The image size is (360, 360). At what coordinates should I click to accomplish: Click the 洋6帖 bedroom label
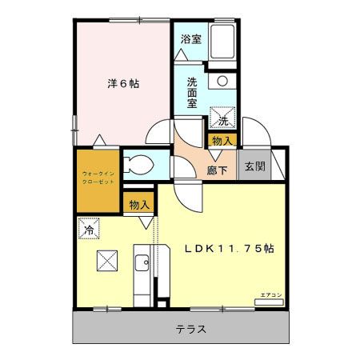(124, 83)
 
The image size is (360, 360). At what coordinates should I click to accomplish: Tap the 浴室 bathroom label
(190, 39)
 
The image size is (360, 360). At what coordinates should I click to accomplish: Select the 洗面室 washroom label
(196, 87)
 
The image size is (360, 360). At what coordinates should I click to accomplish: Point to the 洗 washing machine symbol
(223, 120)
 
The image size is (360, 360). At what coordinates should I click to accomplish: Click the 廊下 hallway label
(217, 169)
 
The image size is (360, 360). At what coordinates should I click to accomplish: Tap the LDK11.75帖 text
(230, 249)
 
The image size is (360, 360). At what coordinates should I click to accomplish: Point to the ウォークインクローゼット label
(98, 178)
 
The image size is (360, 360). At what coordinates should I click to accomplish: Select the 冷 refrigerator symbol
(90, 229)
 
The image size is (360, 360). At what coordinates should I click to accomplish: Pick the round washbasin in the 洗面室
(222, 81)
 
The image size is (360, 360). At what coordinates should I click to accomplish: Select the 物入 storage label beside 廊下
(223, 141)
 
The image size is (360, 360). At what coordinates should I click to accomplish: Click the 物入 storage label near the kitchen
(139, 204)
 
